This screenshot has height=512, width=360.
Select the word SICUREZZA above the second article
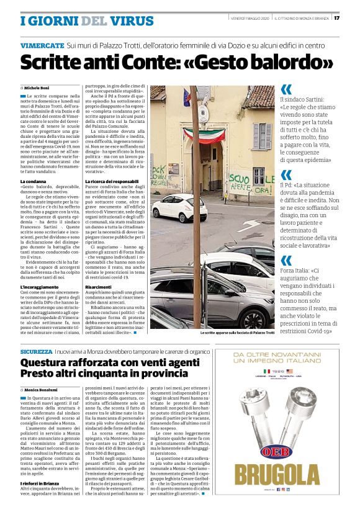pos(37,351)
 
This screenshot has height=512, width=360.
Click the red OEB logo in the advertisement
pos(291,449)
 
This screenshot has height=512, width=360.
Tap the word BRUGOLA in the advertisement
pos(290,475)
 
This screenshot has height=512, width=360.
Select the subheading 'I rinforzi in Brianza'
pos(42,482)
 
